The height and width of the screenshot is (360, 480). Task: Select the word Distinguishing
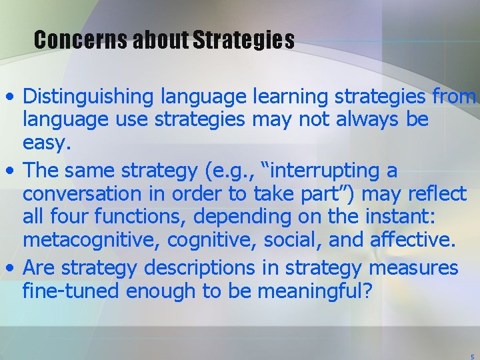click(x=89, y=97)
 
